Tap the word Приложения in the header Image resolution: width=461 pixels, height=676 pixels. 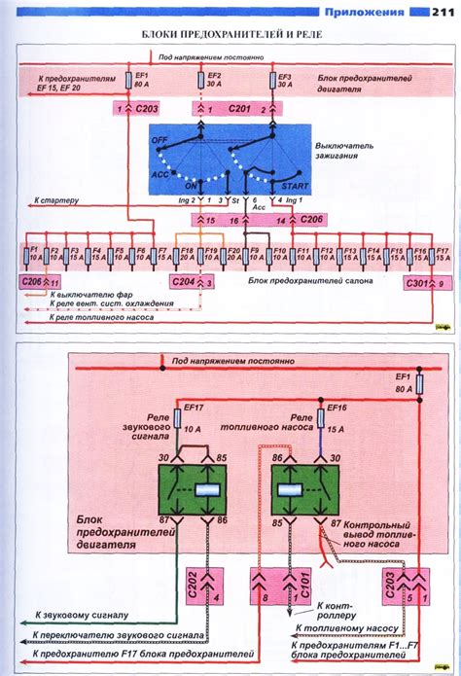365,11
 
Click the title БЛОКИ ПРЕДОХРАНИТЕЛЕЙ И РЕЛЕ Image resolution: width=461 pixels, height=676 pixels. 230,34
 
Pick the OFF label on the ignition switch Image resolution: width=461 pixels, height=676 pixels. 160,141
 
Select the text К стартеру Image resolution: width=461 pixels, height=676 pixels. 56,202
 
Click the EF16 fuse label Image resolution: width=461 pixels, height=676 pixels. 337,409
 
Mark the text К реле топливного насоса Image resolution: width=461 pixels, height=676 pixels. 102,316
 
